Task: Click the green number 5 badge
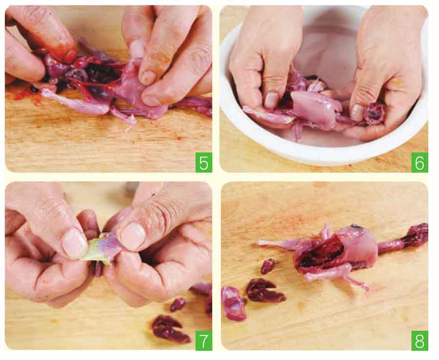click(x=203, y=162)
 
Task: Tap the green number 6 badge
click(x=419, y=162)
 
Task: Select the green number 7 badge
click(x=203, y=340)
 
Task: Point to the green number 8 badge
click(x=419, y=340)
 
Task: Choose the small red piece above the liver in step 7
click(x=178, y=304)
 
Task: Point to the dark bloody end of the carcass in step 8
click(x=417, y=235)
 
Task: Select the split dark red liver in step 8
click(x=264, y=291)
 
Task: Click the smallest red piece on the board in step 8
click(x=268, y=266)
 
